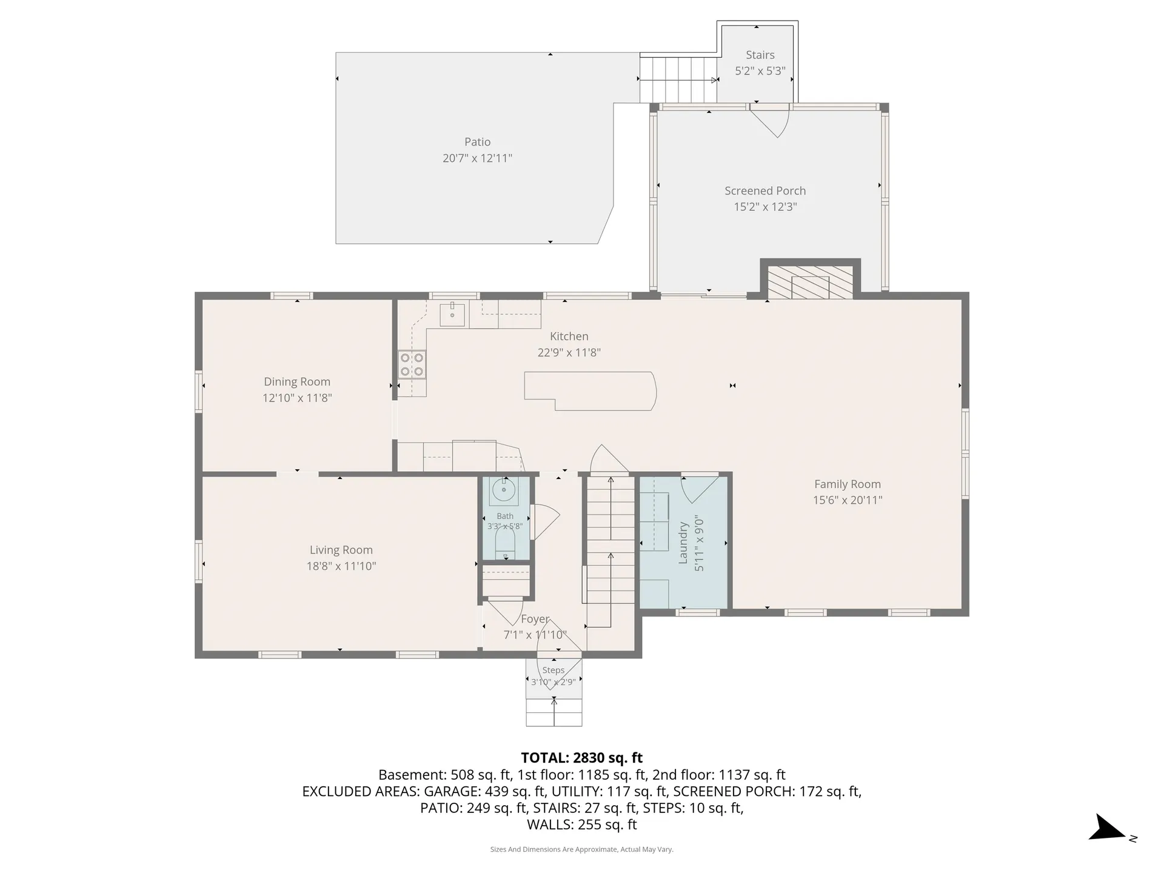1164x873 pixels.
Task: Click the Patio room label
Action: [x=477, y=142]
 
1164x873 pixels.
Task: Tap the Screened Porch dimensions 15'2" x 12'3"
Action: [x=765, y=207]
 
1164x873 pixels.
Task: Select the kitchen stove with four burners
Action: [x=412, y=364]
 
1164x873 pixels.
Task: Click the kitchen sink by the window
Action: [x=452, y=315]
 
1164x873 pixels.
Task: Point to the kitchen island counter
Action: [x=590, y=391]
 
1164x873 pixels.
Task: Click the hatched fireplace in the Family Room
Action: [x=811, y=282]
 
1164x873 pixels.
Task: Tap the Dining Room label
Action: [x=297, y=382]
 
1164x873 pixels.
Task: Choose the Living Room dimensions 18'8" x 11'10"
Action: [x=341, y=566]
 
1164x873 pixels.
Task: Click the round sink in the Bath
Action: [x=504, y=489]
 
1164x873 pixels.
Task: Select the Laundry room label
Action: [x=683, y=543]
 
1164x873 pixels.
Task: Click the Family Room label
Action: [x=848, y=484]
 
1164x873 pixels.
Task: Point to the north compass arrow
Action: [x=1107, y=828]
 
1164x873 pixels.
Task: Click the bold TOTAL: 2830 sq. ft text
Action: [x=582, y=758]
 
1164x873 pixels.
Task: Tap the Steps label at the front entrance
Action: [x=554, y=670]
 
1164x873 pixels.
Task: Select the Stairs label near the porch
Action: [x=760, y=55]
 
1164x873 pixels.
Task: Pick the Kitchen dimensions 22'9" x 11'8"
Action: [x=569, y=353]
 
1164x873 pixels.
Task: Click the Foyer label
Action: [x=535, y=619]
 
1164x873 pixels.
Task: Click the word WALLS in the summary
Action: [x=550, y=824]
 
